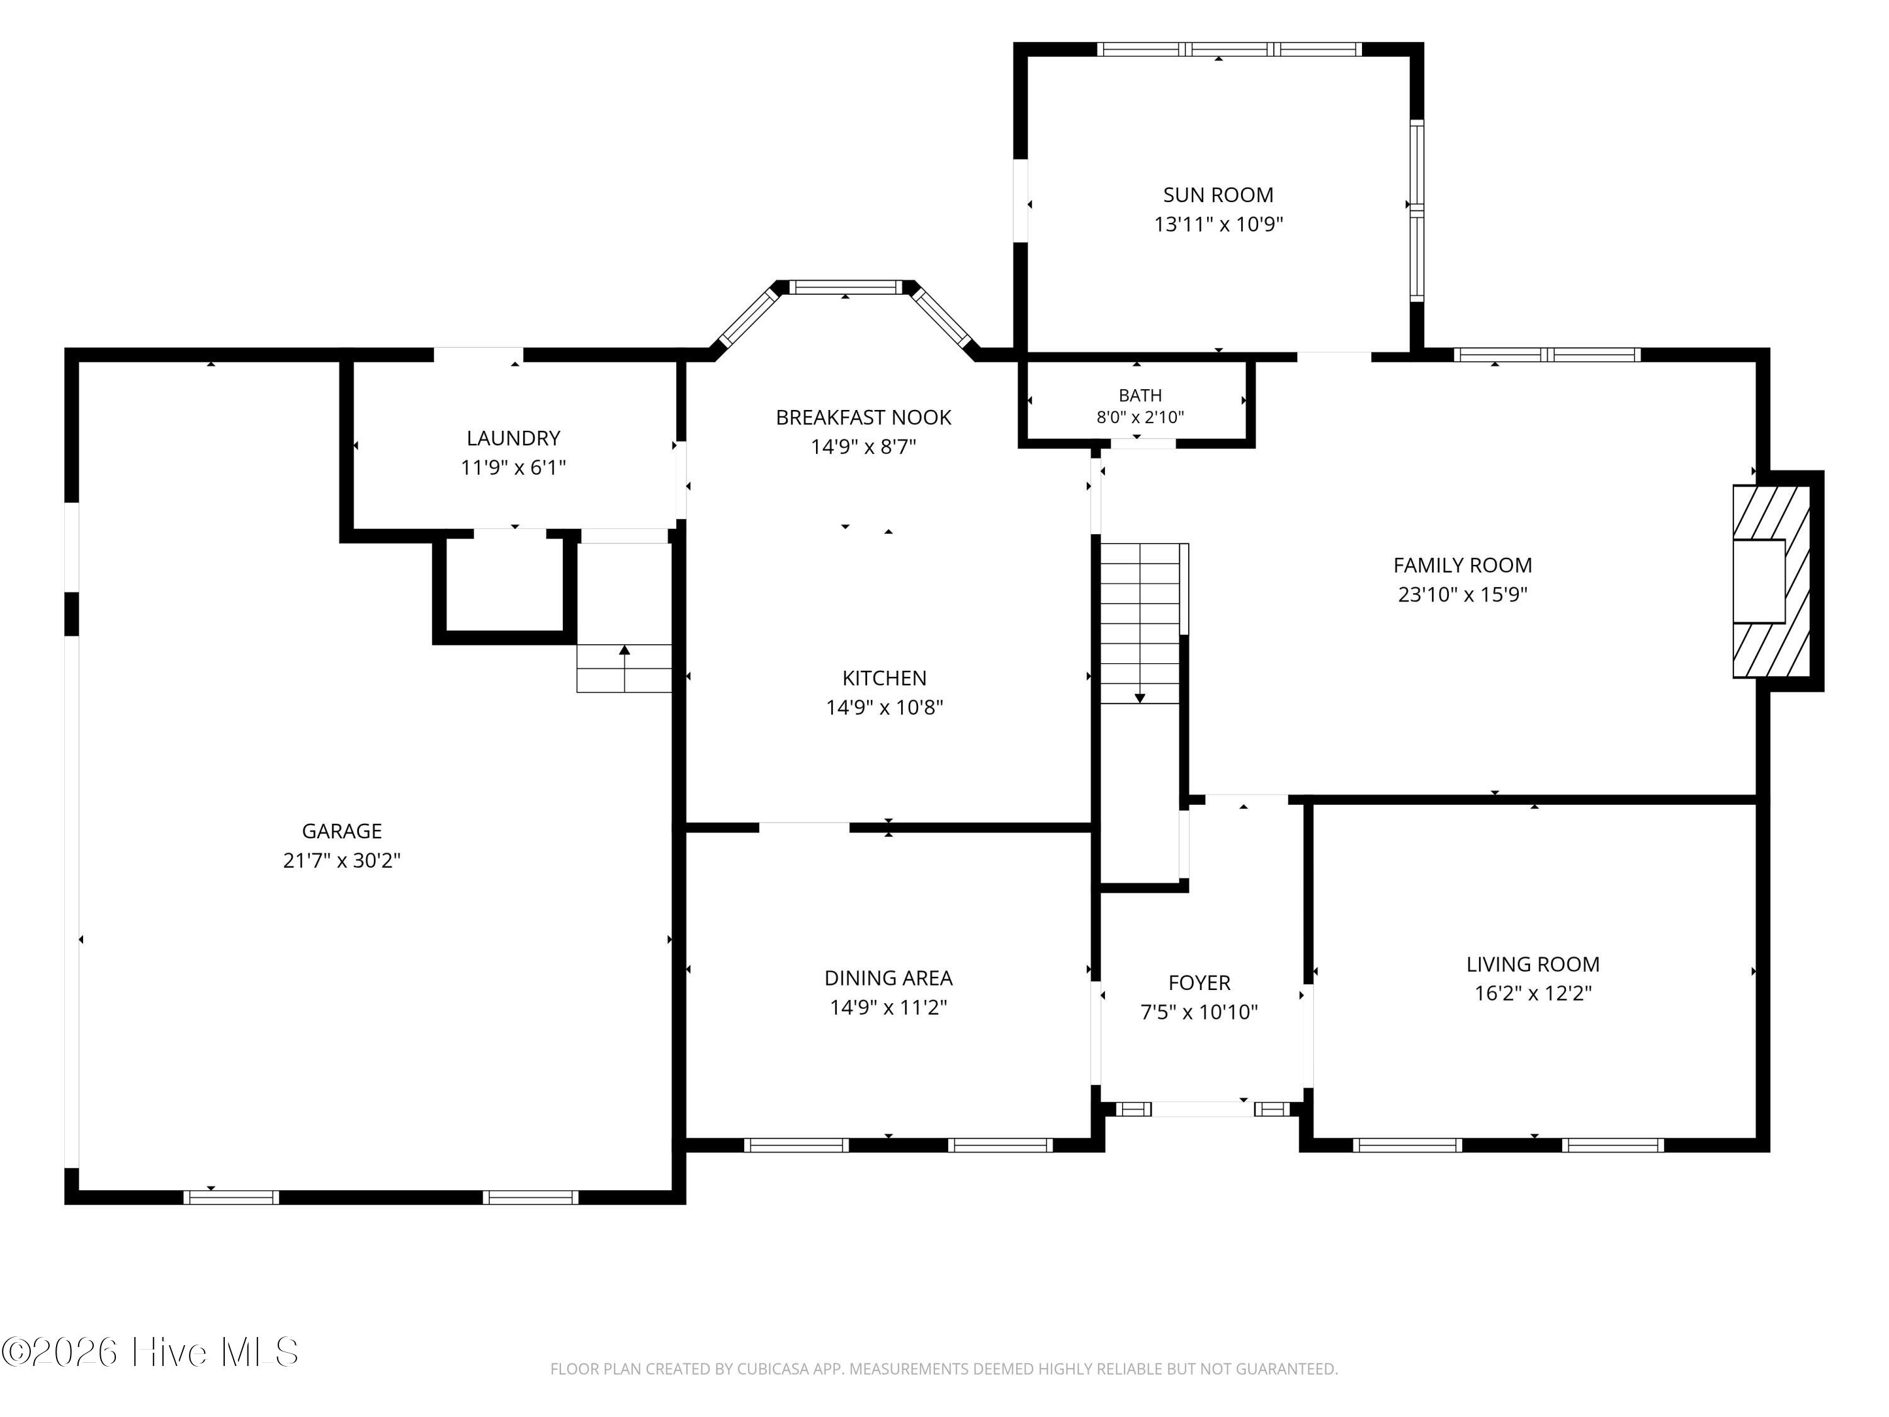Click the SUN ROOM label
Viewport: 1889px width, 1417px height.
(1218, 195)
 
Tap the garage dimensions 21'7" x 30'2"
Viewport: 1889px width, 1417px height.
(341, 860)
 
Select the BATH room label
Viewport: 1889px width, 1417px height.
(1140, 396)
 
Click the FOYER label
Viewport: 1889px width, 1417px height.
(1199, 983)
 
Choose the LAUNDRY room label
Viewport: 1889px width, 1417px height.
(513, 438)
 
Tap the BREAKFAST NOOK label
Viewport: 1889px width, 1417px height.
(863, 418)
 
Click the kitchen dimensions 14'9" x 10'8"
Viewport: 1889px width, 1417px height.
(884, 707)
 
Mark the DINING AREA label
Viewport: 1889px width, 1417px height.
(888, 978)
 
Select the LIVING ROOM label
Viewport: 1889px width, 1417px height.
(1533, 964)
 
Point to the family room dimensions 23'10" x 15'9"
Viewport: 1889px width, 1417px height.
(1462, 595)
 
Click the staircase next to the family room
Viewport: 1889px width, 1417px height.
(1140, 623)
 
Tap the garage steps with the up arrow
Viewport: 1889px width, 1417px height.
(624, 668)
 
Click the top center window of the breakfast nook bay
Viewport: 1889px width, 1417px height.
(846, 287)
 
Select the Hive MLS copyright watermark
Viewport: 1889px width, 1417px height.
(150, 1352)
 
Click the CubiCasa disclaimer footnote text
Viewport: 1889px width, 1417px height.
(944, 1369)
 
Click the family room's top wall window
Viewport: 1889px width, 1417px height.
(1546, 355)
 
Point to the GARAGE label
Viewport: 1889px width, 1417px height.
(341, 831)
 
